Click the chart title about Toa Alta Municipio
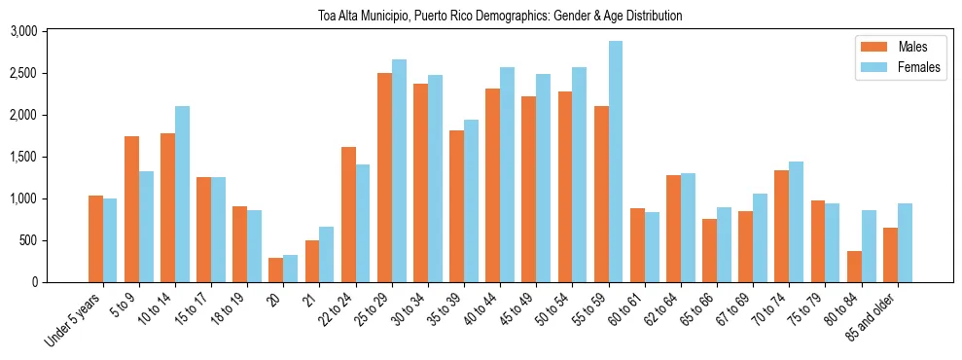click(500, 16)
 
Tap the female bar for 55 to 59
click(616, 162)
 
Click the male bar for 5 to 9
click(132, 209)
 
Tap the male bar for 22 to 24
click(348, 214)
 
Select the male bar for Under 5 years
click(95, 238)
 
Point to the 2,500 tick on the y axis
click(51, 73)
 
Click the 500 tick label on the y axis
click(56, 240)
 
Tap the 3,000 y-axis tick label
click(51, 31)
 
